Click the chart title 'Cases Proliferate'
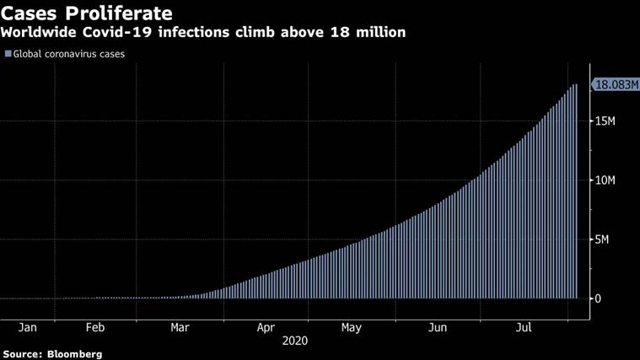tap(87, 13)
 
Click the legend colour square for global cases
tap(8, 54)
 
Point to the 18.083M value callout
tap(615, 84)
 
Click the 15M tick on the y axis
tap(605, 121)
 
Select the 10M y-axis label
tap(605, 180)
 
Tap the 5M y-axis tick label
tap(601, 239)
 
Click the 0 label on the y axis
tap(597, 298)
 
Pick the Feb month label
tap(95, 328)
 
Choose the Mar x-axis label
tap(180, 328)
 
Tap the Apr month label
tap(266, 328)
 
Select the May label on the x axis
tap(352, 328)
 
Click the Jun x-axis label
tap(437, 328)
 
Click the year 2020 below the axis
tap(295, 341)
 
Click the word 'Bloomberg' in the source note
tap(74, 354)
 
